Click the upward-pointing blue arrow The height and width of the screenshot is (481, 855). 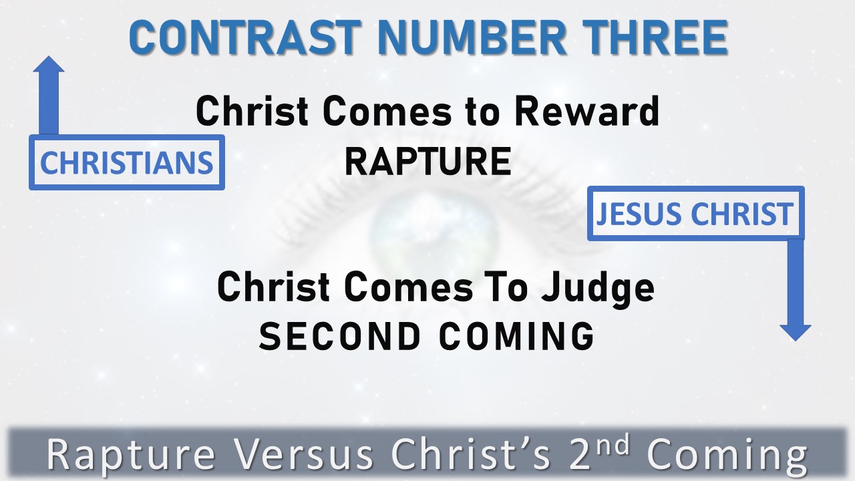[x=49, y=94]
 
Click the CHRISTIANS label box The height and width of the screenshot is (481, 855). [x=126, y=162]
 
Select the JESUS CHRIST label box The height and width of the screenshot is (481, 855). [x=695, y=214]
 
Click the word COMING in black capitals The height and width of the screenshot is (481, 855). [x=516, y=335]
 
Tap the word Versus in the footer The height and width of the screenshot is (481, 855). [x=303, y=456]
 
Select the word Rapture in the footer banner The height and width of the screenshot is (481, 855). [x=131, y=456]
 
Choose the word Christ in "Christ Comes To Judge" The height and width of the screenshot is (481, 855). [x=274, y=288]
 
